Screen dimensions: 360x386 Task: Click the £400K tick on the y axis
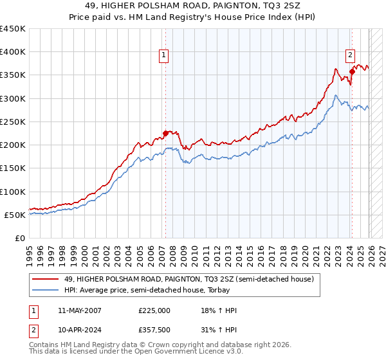point(13,52)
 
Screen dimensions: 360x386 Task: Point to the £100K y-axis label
point(13,192)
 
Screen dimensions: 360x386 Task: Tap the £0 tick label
point(19,238)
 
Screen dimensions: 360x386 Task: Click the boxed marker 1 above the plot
point(165,56)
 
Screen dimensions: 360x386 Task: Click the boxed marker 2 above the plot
point(351,56)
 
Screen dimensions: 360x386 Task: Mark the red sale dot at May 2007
point(165,134)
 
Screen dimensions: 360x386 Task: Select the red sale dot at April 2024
point(352,72)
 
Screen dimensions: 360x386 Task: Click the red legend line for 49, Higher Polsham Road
point(45,279)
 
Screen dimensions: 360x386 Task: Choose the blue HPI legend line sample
point(45,291)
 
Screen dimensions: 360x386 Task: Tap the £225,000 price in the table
point(154,310)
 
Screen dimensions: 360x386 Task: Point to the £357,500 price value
point(154,328)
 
